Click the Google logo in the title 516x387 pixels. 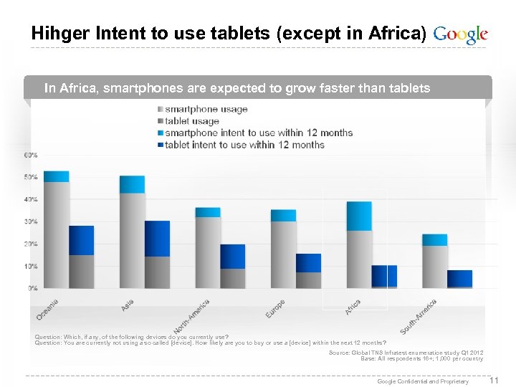coord(461,34)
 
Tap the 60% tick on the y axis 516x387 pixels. coord(32,155)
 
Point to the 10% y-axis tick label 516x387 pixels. coord(32,266)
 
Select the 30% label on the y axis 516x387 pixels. coord(32,221)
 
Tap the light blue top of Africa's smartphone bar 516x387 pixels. coord(359,216)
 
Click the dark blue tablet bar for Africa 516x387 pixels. coord(384,276)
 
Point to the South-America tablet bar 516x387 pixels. coord(459,279)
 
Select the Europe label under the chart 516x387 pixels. coord(274,309)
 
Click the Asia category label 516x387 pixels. coord(127,305)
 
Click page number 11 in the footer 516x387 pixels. coord(492,380)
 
